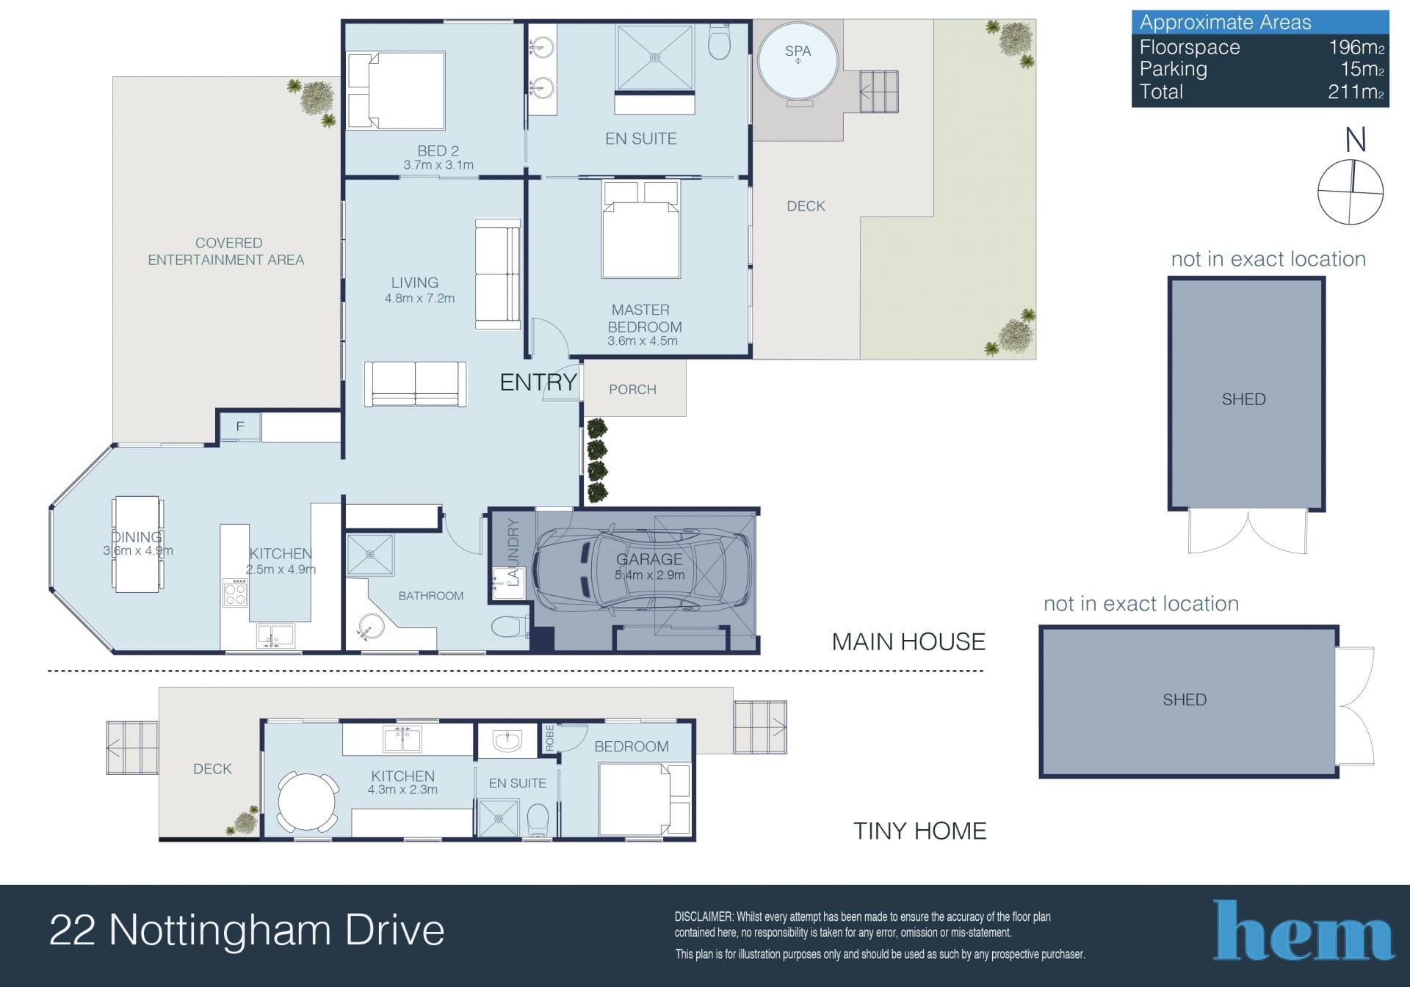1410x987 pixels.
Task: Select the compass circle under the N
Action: [1351, 192]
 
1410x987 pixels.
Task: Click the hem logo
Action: [1304, 930]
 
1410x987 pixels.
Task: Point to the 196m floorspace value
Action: [1356, 48]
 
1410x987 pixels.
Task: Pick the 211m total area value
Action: [1356, 92]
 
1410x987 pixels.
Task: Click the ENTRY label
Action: [538, 382]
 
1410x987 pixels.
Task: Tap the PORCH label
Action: [632, 390]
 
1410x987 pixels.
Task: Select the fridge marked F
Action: [239, 426]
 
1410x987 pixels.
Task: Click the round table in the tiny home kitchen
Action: [308, 802]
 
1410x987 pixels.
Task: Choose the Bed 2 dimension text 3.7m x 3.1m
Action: [438, 165]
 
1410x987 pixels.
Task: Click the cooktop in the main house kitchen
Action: [236, 593]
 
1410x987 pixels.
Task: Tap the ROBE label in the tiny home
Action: [549, 737]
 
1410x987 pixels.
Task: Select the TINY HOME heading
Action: [919, 831]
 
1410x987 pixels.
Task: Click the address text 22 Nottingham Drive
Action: [247, 930]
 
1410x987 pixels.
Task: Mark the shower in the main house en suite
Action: [655, 58]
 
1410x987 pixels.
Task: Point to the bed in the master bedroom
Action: [641, 229]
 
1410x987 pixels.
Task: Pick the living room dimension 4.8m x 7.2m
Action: [419, 299]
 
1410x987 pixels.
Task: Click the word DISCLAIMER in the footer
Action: [704, 917]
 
